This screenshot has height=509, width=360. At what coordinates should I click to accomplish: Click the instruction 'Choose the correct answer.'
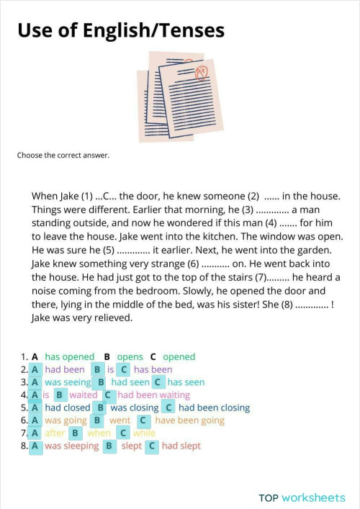[x=63, y=155]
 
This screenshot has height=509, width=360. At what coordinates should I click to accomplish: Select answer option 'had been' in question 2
[x=65, y=370]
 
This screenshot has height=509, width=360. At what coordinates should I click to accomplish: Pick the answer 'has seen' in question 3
[x=186, y=382]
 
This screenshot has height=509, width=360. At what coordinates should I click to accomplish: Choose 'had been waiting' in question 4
[x=154, y=395]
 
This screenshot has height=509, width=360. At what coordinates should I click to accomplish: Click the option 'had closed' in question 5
[x=68, y=407]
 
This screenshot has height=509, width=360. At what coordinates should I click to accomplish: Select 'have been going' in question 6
[x=190, y=420]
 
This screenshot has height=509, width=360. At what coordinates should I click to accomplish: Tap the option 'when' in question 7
[x=99, y=433]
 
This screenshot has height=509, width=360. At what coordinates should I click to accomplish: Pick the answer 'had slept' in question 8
[x=181, y=446]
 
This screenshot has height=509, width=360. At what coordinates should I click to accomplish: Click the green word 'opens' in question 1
[x=130, y=357]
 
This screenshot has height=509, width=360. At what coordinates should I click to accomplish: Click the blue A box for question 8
[x=35, y=446]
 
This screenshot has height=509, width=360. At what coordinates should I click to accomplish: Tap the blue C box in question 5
[x=169, y=407]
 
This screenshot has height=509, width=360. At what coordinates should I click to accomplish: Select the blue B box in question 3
[x=102, y=382]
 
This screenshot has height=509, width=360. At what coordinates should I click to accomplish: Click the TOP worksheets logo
[x=302, y=497]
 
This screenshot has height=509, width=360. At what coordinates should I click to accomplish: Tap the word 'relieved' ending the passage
[x=112, y=317]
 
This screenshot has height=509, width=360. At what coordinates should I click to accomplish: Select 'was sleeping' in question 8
[x=71, y=446]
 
